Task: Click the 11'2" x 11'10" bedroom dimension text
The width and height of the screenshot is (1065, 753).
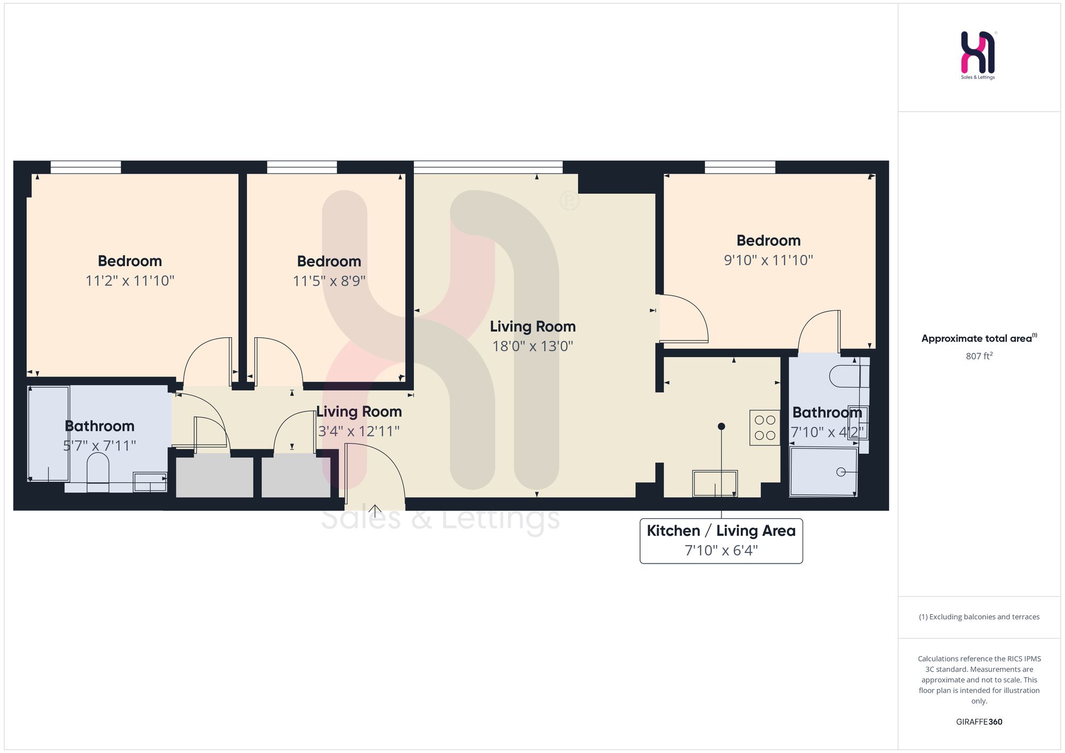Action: [130, 280]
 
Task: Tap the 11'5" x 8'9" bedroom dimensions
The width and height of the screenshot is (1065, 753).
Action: [329, 280]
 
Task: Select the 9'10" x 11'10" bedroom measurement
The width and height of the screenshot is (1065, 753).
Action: [768, 260]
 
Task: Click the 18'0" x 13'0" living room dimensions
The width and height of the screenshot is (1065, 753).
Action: [532, 346]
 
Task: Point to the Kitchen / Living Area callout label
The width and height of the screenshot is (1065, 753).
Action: [721, 541]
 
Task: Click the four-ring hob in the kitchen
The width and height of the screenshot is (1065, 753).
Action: [765, 427]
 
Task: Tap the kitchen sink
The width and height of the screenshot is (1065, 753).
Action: [715, 483]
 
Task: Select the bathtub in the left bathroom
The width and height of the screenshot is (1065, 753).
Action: [48, 434]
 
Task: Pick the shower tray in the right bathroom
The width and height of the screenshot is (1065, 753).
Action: [823, 472]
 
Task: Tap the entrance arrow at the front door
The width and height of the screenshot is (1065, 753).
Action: [375, 511]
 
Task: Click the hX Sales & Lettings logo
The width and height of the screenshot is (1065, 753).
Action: [978, 55]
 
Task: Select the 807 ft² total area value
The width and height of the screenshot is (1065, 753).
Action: [979, 356]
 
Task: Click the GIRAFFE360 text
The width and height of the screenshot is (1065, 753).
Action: [979, 722]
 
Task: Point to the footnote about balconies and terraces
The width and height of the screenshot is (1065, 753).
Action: [979, 617]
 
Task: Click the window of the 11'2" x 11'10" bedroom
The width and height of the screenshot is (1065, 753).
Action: [86, 167]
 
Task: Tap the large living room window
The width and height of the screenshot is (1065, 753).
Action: [488, 167]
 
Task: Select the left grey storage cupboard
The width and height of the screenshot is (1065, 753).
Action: [215, 475]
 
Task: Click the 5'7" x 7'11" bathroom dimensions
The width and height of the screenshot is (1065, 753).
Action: [100, 446]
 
